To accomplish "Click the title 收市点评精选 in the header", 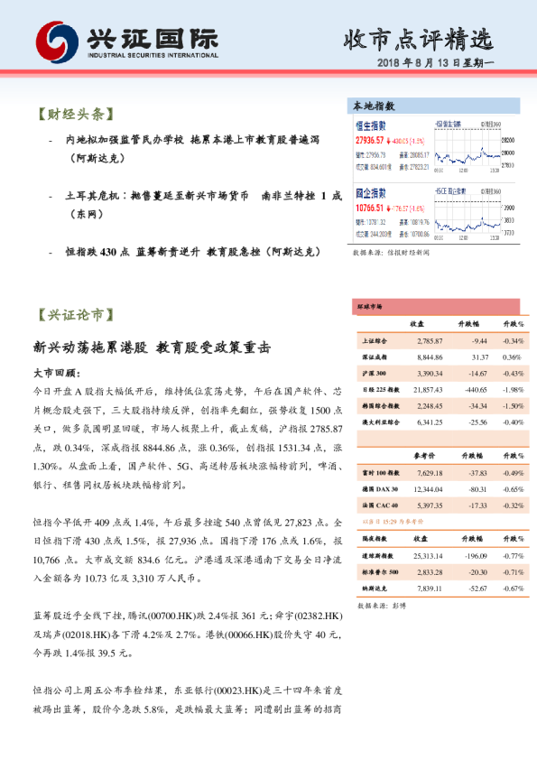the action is (x=419, y=39).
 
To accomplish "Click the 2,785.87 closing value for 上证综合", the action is (x=430, y=341).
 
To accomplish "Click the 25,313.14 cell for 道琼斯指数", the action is (x=430, y=557).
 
